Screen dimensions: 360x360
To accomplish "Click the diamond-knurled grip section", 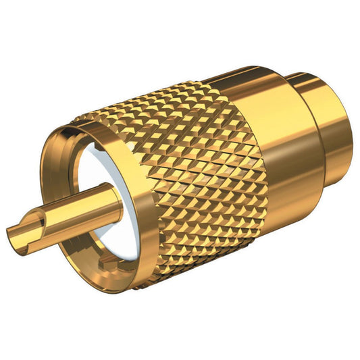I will tap(203, 182).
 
